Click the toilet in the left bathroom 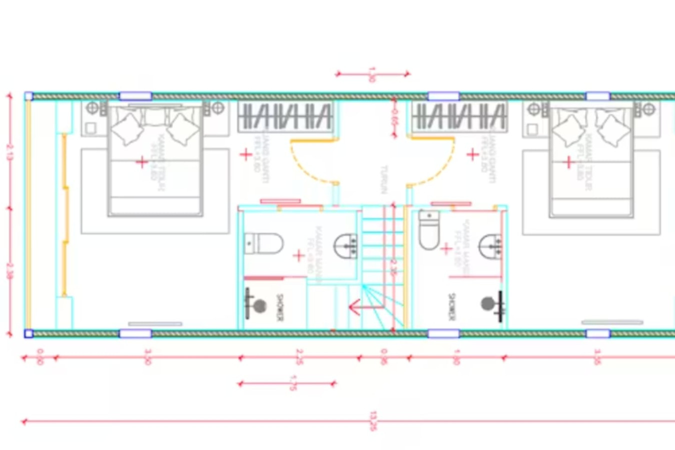point(264,243)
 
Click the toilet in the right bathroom point(428,230)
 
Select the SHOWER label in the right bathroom point(452,306)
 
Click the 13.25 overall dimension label point(373,421)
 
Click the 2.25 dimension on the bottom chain point(299,357)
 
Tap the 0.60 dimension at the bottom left point(40,356)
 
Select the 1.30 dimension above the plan point(371,74)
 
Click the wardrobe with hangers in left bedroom point(285,116)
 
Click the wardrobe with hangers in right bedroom point(459,116)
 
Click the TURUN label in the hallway point(384,179)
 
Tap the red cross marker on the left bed point(142,162)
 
